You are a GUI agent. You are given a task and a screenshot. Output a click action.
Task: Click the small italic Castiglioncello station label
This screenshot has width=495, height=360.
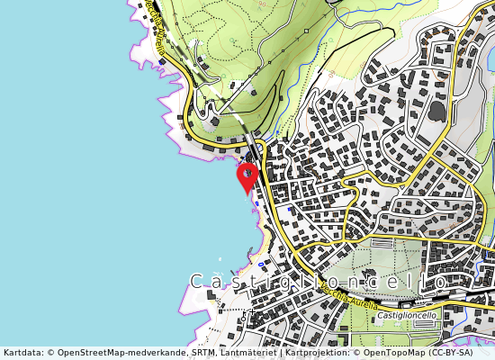[408, 316]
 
